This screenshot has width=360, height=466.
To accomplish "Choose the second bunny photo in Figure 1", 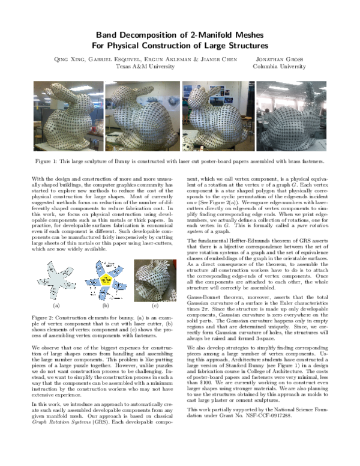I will pyautogui.click(x=142, y=116).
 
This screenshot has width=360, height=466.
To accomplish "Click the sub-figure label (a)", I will pyautogui.click(x=57, y=305).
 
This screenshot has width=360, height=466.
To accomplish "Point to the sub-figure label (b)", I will pyautogui.click(x=106, y=305).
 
